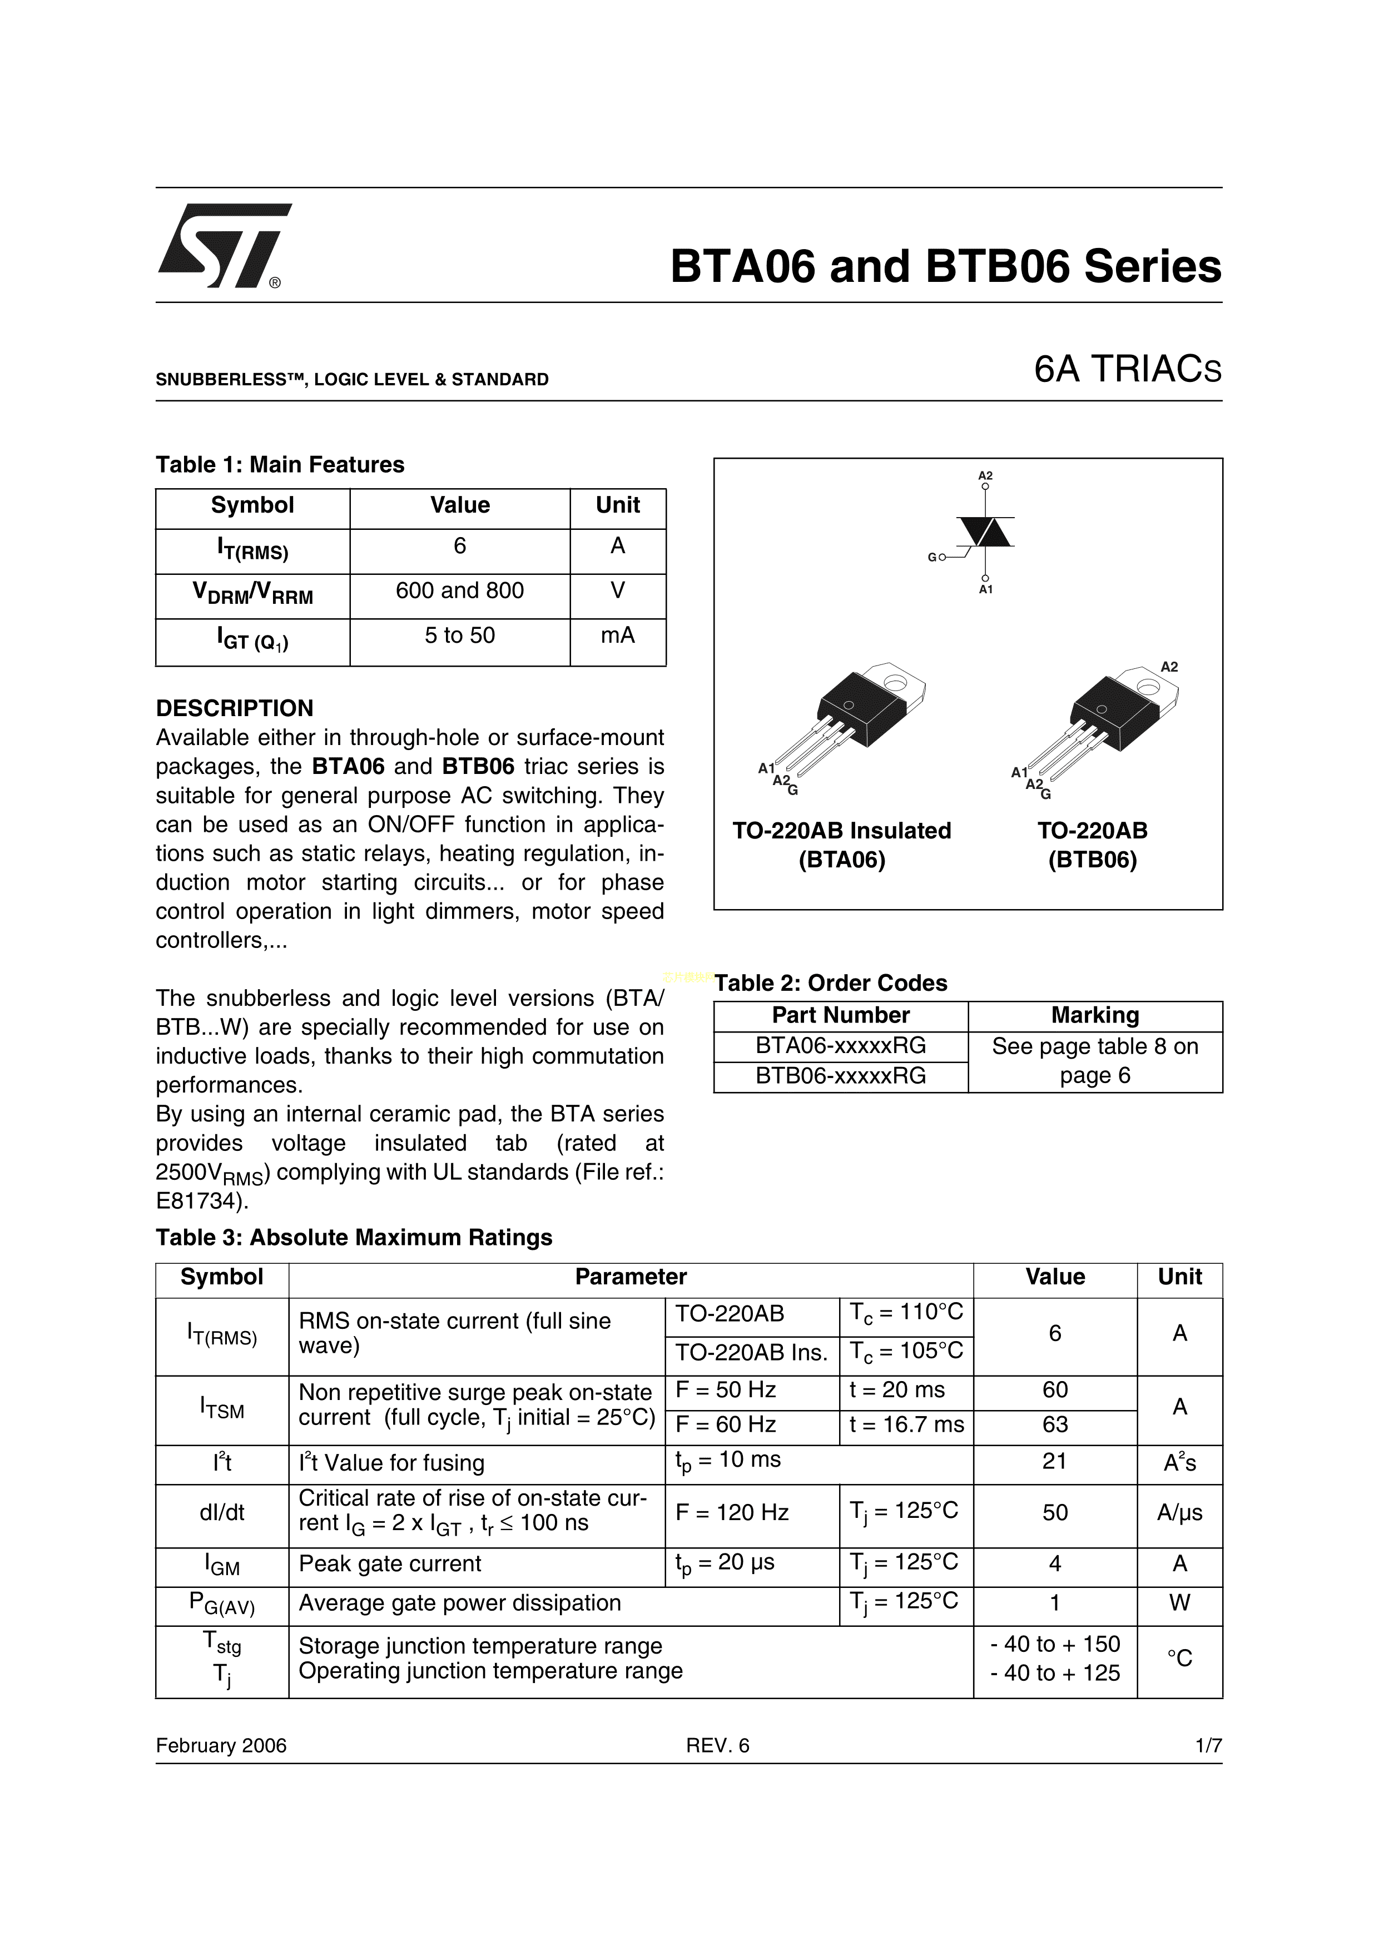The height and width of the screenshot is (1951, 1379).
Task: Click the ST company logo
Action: click(x=224, y=246)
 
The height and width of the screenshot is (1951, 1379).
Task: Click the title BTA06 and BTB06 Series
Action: click(x=945, y=267)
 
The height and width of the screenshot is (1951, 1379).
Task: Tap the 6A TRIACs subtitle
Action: click(x=1127, y=370)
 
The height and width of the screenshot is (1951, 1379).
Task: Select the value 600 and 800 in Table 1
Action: click(x=460, y=590)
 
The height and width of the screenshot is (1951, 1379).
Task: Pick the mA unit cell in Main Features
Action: click(x=618, y=636)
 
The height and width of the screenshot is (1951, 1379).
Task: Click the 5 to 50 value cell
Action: click(x=460, y=636)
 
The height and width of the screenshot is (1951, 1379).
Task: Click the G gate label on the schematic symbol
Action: click(x=931, y=558)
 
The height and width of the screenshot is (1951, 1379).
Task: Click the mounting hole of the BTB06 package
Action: click(x=1148, y=685)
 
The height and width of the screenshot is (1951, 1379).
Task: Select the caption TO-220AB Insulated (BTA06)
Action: click(x=841, y=845)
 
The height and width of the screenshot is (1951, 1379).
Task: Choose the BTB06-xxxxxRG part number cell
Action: click(x=840, y=1076)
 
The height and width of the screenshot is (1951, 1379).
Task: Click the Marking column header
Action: click(x=1094, y=1015)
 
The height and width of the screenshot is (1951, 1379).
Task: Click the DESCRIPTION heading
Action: click(x=235, y=708)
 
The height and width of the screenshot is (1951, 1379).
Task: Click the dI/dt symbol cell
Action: click(x=222, y=1512)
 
